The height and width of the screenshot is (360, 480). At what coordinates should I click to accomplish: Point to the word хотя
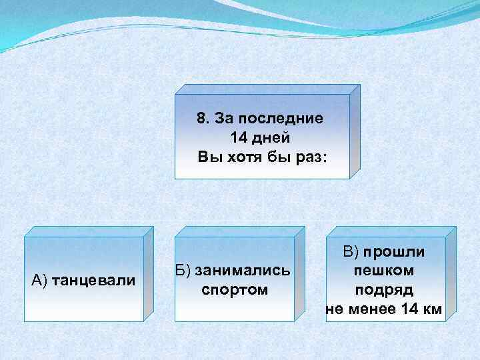[x=244, y=158]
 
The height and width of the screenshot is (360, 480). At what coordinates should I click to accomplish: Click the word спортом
[x=234, y=290]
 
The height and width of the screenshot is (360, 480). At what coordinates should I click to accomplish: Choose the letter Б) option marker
[x=183, y=271]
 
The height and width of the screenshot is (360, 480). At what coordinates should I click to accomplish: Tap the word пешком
[x=384, y=271]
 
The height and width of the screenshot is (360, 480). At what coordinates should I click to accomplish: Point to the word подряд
[x=384, y=290]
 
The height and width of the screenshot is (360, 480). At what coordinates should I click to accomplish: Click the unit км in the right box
[x=432, y=309]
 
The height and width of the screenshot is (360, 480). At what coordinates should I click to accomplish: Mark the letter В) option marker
[x=351, y=252]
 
